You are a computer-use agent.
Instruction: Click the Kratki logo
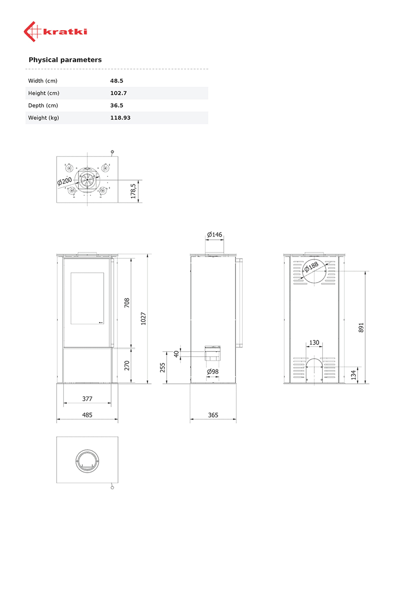55,32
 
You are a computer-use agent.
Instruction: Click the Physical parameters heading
65,60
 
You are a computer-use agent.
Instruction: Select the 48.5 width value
116,80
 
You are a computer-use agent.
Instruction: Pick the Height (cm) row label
44,93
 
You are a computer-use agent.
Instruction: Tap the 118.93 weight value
120,117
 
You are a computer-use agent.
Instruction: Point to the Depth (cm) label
43,105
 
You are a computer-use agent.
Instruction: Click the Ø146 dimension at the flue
215,234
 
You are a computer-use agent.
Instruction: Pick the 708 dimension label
127,302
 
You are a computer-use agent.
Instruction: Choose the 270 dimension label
127,365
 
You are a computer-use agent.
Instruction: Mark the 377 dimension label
87,399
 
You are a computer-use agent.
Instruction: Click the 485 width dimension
87,415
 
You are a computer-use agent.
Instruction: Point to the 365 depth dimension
213,415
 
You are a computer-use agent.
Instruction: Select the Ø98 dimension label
213,371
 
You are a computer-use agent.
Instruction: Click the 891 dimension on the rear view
361,327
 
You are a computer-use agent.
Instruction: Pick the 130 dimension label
314,342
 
